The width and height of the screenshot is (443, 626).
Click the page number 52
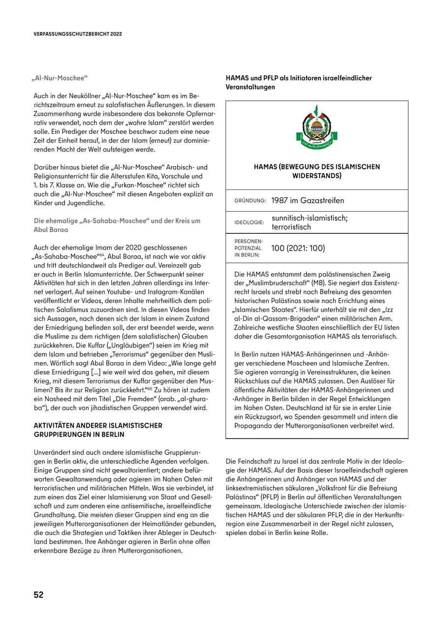click(x=38, y=595)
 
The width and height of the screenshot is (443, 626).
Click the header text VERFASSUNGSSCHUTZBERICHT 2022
click(x=78, y=34)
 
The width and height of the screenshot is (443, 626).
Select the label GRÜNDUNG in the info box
click(x=250, y=201)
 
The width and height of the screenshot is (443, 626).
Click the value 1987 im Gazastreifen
click(x=308, y=200)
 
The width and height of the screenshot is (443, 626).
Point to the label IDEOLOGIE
click(x=249, y=222)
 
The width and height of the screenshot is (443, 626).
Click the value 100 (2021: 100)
click(x=298, y=248)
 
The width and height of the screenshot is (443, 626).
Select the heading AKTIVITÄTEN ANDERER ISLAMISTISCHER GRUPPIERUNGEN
click(x=98, y=430)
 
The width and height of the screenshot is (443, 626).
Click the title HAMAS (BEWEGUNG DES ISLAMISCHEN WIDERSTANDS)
click(x=316, y=171)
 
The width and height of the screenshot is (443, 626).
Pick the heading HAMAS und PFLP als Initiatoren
click(x=299, y=82)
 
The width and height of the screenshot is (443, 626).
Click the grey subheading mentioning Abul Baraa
click(x=117, y=225)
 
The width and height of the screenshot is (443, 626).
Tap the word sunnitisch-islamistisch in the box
click(x=309, y=218)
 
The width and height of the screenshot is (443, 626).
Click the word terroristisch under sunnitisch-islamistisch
click(x=291, y=227)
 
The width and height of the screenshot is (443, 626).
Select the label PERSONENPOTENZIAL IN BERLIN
click(x=249, y=248)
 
